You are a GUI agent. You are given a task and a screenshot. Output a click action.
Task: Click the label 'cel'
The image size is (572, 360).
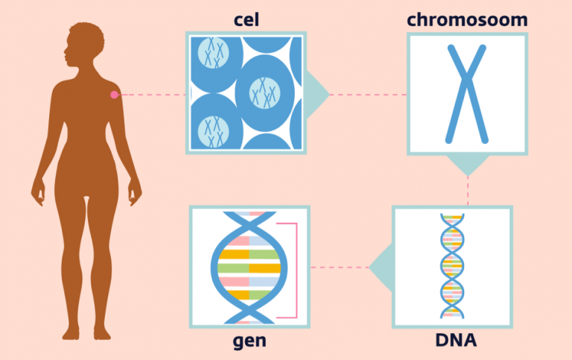coord(247,19)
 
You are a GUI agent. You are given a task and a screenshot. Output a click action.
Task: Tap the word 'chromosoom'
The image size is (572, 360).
coord(467,19)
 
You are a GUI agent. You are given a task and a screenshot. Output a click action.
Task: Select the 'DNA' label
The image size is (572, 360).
coord(456,340)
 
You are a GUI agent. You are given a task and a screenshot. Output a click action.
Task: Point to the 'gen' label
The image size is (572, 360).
coord(250,341)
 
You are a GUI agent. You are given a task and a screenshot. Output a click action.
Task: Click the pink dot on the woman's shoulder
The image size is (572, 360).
coord(115,95)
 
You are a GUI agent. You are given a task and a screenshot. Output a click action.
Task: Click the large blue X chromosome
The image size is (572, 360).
coord(466,94)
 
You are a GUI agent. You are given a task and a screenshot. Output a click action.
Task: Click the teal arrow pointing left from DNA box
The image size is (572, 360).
coord(381,268)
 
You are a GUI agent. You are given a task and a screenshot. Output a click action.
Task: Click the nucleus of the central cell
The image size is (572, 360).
coord(265,93)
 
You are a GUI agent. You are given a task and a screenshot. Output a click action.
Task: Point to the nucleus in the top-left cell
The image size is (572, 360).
coord(214,53)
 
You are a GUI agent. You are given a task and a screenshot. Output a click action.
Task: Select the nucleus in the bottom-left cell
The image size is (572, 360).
coord(214,131)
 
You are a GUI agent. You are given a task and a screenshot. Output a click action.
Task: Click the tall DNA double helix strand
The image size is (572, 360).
coord(452,266)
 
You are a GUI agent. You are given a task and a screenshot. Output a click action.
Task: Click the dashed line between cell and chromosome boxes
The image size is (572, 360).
coord(368,95)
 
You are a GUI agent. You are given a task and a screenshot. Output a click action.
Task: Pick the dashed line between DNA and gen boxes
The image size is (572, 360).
coord(340,268)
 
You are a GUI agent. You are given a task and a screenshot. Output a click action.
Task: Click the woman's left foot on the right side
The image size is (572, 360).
coord(102,333)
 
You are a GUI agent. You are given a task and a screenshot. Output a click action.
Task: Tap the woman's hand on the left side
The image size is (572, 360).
coord(38,192)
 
